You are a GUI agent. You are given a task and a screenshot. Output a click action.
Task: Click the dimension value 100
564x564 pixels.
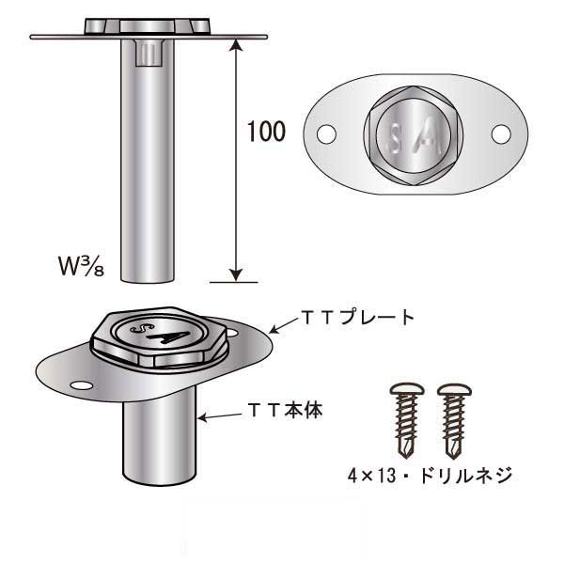267,132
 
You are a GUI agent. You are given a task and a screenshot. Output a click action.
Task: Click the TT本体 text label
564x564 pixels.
286,411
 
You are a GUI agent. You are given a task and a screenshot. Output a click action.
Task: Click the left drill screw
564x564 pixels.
403,415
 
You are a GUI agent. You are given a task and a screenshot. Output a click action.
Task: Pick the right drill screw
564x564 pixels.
453,415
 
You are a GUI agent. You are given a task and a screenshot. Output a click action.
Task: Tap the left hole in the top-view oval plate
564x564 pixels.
325,135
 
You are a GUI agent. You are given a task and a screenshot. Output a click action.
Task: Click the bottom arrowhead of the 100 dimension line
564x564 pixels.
232,274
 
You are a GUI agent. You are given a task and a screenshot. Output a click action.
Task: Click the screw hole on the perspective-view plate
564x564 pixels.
79,386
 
